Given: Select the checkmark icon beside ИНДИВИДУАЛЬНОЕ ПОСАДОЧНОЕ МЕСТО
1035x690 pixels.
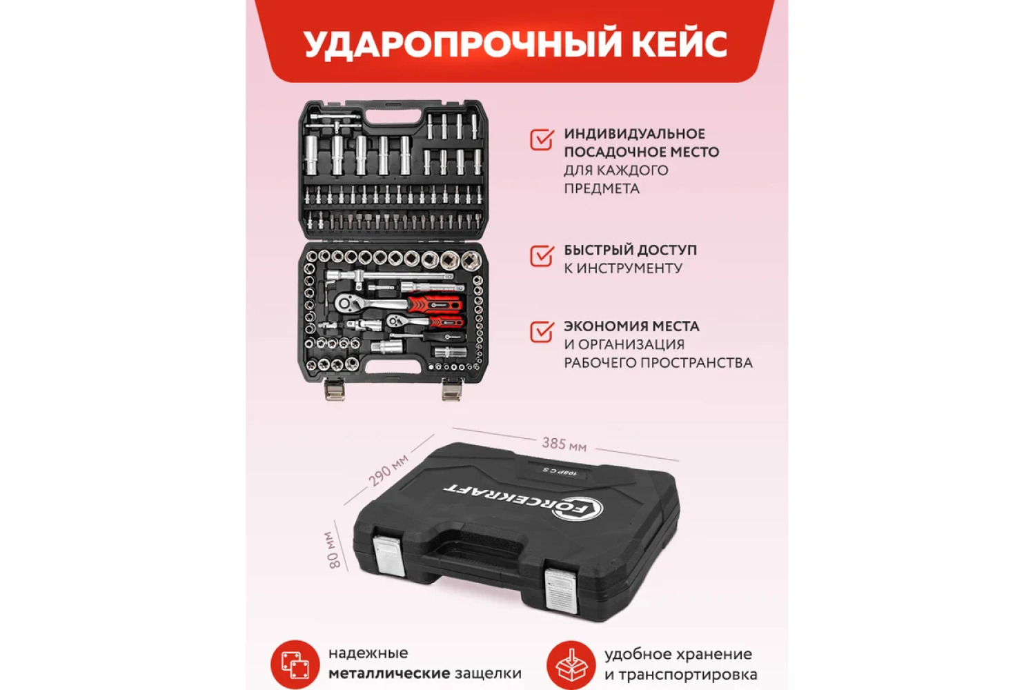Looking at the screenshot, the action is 542,139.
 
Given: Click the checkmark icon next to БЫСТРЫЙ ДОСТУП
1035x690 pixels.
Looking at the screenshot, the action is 542,255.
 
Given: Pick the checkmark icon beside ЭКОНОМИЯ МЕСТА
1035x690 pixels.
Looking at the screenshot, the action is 542,331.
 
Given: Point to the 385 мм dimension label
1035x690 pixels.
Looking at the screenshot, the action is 564,444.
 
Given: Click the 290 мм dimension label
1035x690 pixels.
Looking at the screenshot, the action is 388,470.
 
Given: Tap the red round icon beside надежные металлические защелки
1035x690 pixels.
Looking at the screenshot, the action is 295,664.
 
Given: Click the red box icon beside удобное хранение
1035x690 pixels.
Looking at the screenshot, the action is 571,664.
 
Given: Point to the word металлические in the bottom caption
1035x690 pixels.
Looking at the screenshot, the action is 389,674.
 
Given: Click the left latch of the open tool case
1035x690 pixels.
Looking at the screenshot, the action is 335,389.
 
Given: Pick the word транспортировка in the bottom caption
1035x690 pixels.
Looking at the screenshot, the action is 687,676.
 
